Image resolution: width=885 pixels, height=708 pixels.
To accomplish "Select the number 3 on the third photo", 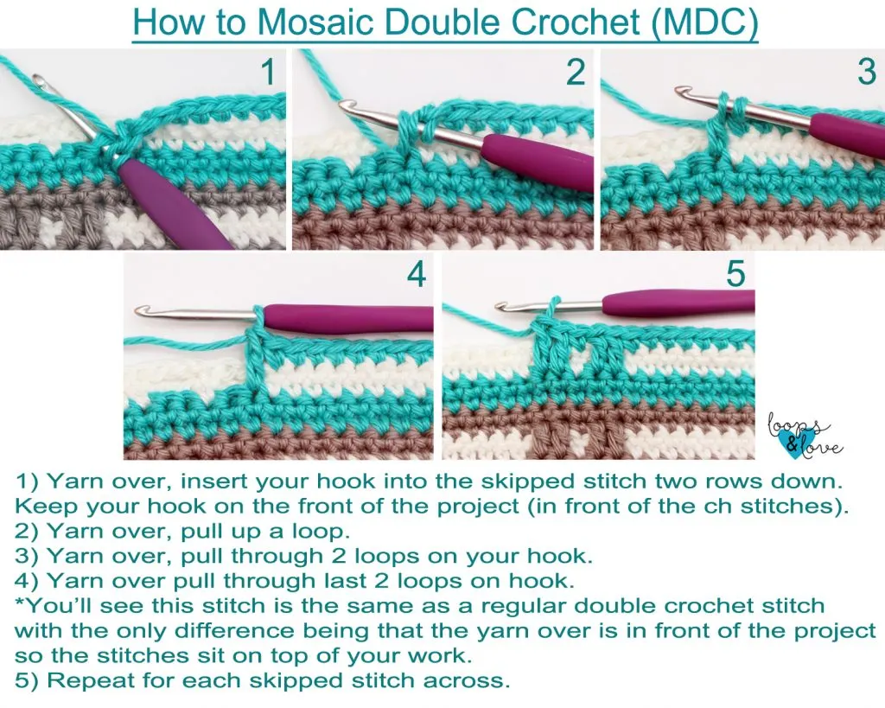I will coord(867,73).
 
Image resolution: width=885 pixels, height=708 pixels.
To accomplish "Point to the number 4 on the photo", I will coord(417,276).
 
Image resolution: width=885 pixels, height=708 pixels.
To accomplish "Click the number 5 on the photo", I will coord(735,275).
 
